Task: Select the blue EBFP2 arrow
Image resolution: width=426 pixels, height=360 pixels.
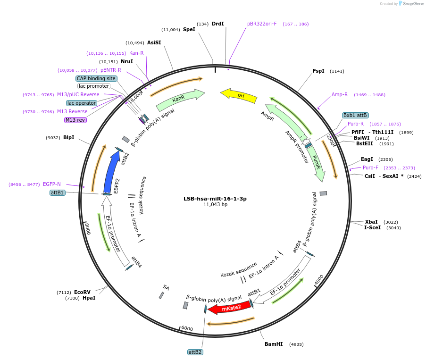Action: [x=111, y=172]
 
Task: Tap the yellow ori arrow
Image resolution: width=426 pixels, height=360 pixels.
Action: [x=239, y=96]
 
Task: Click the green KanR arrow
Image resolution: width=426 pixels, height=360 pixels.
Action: [x=180, y=100]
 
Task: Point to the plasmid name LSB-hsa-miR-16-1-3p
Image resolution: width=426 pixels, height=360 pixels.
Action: [x=215, y=199]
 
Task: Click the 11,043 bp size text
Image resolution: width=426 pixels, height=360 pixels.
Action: [x=215, y=205]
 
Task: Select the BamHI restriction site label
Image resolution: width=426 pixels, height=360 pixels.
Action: [x=274, y=344]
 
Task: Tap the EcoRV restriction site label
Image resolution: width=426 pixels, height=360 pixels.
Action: [x=82, y=292]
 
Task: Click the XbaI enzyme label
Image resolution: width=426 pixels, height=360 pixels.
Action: [x=371, y=222]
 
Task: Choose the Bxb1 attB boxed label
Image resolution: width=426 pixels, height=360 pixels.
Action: [x=355, y=115]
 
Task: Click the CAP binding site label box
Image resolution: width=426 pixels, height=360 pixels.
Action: [x=96, y=78]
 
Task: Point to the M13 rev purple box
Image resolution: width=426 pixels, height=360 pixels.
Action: [x=75, y=120]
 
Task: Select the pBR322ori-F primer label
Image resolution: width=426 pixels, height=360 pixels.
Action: [x=262, y=24]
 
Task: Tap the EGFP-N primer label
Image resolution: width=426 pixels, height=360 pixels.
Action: [x=52, y=184]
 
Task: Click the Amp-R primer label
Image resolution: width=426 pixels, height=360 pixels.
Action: [x=340, y=94]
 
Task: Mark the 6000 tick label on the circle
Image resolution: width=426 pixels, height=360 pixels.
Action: [x=187, y=328]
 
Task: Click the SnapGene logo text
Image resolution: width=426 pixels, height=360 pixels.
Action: [x=413, y=4]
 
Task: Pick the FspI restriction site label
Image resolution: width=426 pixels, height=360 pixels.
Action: [x=318, y=71]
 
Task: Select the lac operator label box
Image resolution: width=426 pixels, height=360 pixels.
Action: [x=82, y=103]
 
